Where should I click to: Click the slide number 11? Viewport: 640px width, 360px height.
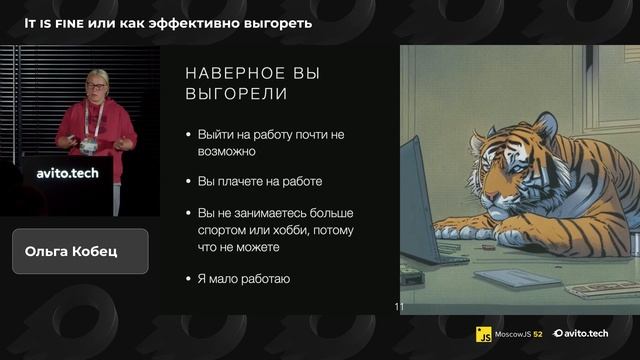[x=398, y=308]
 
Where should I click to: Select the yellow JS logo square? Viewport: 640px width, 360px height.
[x=485, y=332]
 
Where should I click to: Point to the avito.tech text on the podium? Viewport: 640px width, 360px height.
[x=67, y=172]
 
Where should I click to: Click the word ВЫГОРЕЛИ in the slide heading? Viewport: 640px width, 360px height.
[x=237, y=94]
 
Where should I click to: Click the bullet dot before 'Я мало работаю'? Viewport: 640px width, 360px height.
[x=189, y=279]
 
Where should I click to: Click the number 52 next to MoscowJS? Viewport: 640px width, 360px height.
[x=538, y=332]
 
